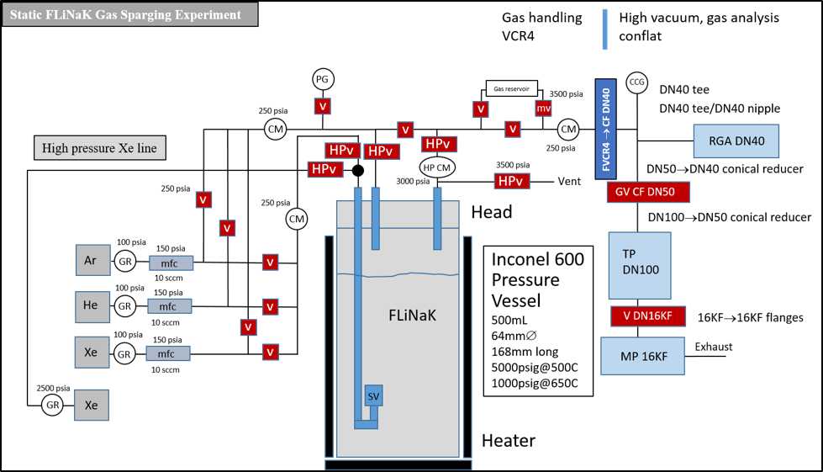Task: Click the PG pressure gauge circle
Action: click(323, 79)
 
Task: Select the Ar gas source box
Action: click(91, 260)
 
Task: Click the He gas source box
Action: click(91, 305)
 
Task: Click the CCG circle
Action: click(636, 82)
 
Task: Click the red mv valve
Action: click(543, 108)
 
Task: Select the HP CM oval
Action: click(436, 167)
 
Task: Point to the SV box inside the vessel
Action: click(372, 396)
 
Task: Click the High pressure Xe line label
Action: click(101, 149)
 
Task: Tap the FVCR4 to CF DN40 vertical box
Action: click(606, 127)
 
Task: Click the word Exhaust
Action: click(713, 347)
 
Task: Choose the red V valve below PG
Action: click(323, 106)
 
